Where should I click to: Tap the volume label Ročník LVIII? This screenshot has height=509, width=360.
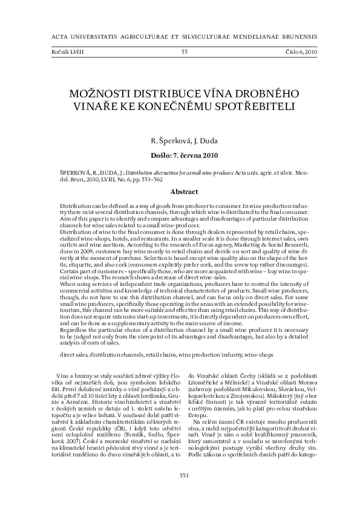click(68, 52)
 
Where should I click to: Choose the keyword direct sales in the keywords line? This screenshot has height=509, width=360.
click(76, 352)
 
